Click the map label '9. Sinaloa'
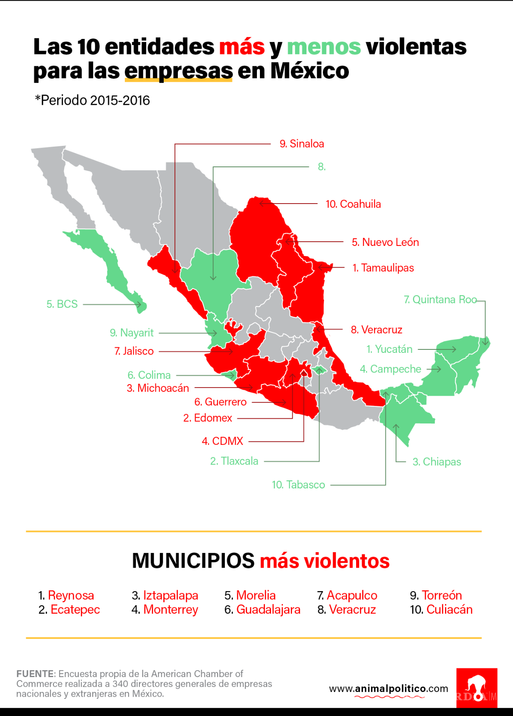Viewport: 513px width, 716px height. [x=302, y=144]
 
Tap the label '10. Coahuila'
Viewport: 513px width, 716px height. [x=353, y=204]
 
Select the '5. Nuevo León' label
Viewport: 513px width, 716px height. [x=385, y=242]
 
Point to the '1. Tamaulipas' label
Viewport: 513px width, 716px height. [x=383, y=268]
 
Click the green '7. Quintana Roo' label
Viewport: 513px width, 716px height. [x=440, y=299]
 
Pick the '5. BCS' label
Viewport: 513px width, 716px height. [x=62, y=304]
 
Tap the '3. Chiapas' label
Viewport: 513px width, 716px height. [x=436, y=462]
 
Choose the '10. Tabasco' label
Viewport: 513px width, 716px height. [x=298, y=485]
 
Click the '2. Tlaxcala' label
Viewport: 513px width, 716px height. [x=234, y=461]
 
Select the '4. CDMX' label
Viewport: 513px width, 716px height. [x=222, y=441]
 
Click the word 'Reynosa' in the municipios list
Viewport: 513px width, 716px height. [x=71, y=595]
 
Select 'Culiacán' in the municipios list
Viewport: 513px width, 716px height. [x=449, y=609]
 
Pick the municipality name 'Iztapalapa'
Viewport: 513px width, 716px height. [x=171, y=595]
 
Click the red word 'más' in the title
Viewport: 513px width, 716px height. [x=242, y=47]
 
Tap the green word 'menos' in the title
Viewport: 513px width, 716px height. [x=324, y=47]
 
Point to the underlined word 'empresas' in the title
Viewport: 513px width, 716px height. [x=179, y=71]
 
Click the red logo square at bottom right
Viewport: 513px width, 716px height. [x=477, y=687]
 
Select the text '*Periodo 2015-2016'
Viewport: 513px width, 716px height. [x=92, y=101]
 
